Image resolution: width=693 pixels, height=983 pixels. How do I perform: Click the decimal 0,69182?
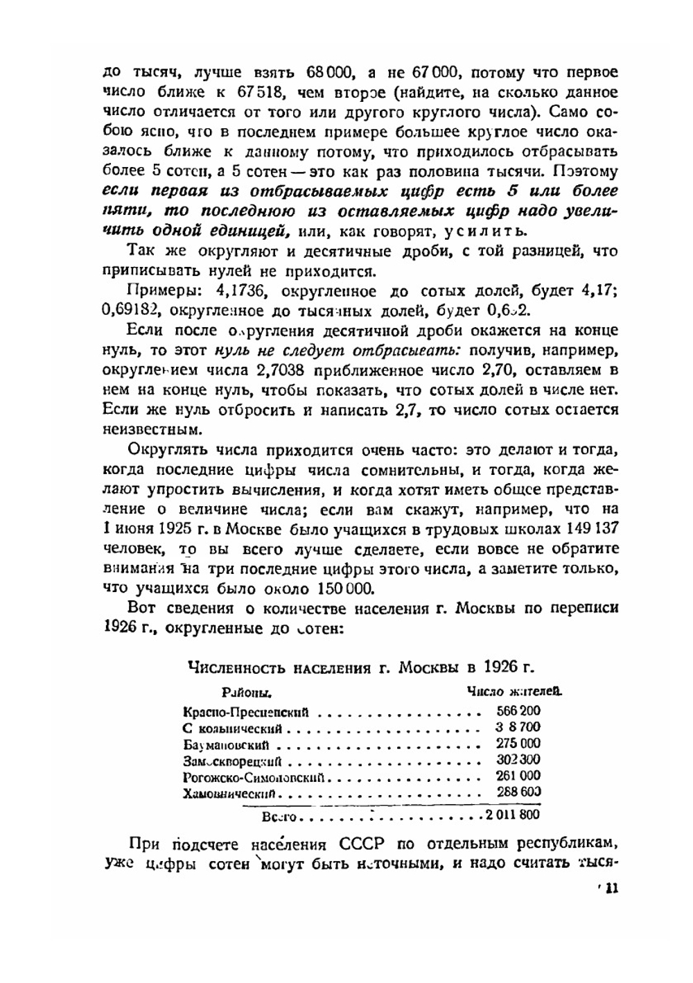(128, 310)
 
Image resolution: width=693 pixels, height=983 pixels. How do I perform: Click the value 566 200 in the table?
(518, 711)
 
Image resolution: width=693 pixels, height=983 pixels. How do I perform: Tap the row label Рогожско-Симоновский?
(254, 777)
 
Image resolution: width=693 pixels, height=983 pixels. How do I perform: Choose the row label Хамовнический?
(230, 793)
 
